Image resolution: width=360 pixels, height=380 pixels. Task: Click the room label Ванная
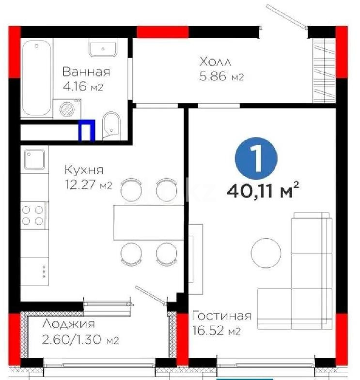coord(86,72)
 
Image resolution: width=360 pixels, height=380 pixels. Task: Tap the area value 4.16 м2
coord(83,88)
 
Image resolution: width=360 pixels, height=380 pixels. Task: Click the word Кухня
coord(84,170)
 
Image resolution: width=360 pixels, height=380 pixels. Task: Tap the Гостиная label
coord(221,316)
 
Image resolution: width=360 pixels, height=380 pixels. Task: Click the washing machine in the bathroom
coord(65,108)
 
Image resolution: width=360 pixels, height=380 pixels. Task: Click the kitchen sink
coord(35,158)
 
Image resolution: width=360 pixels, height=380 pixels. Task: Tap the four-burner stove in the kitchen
coord(32,215)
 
